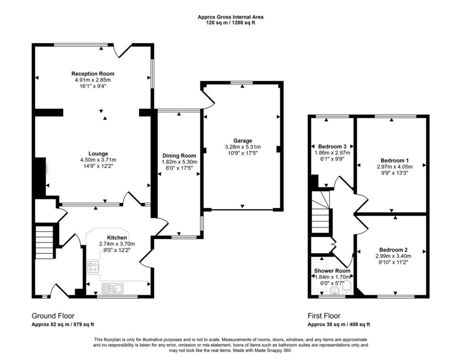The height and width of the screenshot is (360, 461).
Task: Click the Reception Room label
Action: (93, 74)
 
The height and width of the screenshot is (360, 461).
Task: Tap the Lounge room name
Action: (98, 154)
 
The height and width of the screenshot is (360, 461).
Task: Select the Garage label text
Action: (243, 141)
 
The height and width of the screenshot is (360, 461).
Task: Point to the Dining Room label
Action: (179, 156)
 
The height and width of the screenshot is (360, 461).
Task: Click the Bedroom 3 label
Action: (332, 147)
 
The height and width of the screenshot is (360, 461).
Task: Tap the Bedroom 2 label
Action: (393, 250)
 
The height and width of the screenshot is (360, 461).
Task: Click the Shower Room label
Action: (332, 270)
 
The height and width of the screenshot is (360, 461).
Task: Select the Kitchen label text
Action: (117, 238)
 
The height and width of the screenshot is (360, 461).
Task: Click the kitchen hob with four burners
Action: (94, 267)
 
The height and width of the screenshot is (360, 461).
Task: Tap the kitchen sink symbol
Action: (113, 288)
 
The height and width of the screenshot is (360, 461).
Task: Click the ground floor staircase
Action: (45, 242)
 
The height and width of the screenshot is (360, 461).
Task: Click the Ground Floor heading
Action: (53, 316)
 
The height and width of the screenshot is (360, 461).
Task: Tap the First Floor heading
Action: (324, 316)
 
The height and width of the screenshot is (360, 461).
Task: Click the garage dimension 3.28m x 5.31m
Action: (243, 147)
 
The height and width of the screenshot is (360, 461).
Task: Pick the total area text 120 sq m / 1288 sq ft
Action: (230, 22)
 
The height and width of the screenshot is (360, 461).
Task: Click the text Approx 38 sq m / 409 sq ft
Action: (339, 324)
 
